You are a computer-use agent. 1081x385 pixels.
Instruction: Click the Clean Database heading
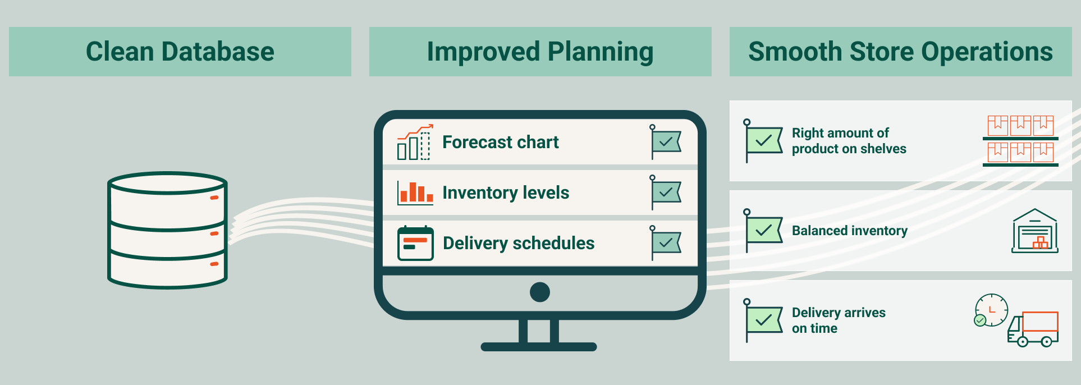pyautogui.click(x=180, y=52)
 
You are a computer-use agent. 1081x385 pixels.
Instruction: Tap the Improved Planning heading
pyautogui.click(x=540, y=52)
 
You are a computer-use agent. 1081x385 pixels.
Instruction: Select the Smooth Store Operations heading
pyautogui.click(x=900, y=52)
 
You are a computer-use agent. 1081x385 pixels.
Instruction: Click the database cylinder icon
pyautogui.click(x=167, y=230)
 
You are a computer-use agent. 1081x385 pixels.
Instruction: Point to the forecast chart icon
pyautogui.click(x=415, y=142)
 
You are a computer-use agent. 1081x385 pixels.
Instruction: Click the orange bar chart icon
pyautogui.click(x=415, y=192)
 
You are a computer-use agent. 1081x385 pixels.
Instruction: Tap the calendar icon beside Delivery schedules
pyautogui.click(x=415, y=244)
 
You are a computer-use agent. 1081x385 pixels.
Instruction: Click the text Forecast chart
pyautogui.click(x=501, y=142)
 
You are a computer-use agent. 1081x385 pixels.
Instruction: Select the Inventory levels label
pyautogui.click(x=506, y=192)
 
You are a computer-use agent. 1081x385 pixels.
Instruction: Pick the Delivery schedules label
pyautogui.click(x=519, y=243)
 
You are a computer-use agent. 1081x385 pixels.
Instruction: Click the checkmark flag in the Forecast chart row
pyautogui.click(x=665, y=142)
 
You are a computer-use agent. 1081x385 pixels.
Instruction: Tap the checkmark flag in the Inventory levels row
pyautogui.click(x=665, y=192)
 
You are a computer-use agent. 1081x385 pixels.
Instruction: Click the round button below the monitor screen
pyautogui.click(x=540, y=292)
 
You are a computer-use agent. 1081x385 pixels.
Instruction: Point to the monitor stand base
pyautogui.click(x=539, y=347)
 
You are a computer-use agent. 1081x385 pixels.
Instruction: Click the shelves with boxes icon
pyautogui.click(x=1020, y=141)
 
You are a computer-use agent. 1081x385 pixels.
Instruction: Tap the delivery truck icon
pyautogui.click(x=1033, y=329)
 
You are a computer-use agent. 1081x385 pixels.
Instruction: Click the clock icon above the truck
pyautogui.click(x=991, y=310)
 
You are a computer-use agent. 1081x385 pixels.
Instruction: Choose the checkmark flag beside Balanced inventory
pyautogui.click(x=763, y=231)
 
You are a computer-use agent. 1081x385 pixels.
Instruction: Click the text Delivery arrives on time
pyautogui.click(x=839, y=320)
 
